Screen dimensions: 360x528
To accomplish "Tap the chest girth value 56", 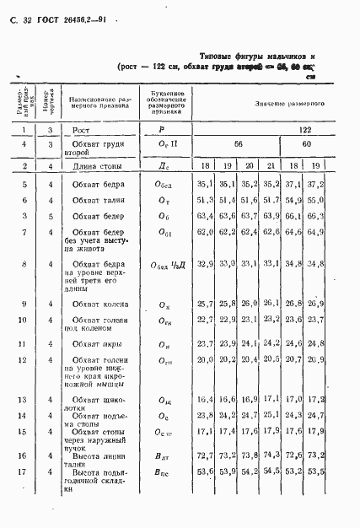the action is [238, 144].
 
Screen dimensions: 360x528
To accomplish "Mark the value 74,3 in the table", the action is [270, 455].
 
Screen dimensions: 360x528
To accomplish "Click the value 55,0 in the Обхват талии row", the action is [314, 200].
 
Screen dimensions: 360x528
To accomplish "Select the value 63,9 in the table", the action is [270, 216].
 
